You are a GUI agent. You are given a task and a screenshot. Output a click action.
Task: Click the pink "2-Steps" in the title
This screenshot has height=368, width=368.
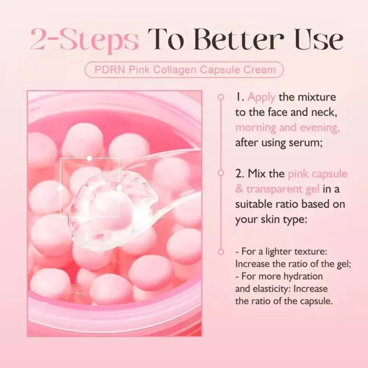pyautogui.click(x=85, y=40)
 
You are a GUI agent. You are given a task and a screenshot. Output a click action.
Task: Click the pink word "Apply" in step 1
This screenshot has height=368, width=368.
pyautogui.click(x=262, y=98)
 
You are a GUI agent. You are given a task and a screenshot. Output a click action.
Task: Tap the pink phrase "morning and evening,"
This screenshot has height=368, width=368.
pyautogui.click(x=287, y=128)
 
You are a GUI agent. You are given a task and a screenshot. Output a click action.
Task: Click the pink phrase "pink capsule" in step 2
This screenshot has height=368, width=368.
pyautogui.click(x=317, y=174)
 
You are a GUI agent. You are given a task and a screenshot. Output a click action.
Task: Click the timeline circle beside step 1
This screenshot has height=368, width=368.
pyautogui.click(x=221, y=97)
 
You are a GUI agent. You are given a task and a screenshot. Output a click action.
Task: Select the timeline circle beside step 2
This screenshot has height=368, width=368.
pyautogui.click(x=221, y=174)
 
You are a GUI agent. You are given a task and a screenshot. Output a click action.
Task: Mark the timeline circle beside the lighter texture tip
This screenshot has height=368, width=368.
pyautogui.click(x=221, y=252)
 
